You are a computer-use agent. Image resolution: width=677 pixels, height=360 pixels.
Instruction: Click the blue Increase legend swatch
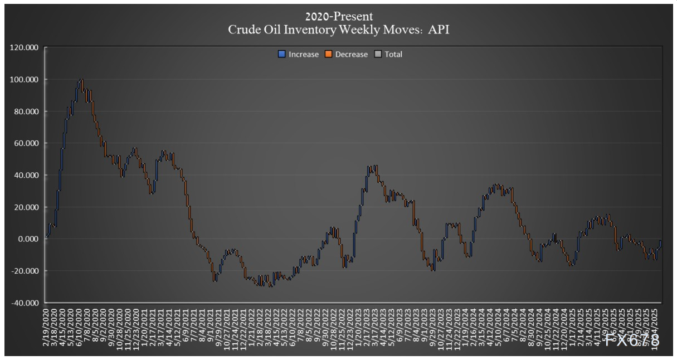[x=282, y=55]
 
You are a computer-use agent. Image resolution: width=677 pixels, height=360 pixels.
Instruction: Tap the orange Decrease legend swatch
[x=329, y=55]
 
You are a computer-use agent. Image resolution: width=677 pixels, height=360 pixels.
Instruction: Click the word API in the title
[x=439, y=30]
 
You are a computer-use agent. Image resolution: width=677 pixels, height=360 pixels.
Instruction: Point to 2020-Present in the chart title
[x=338, y=17]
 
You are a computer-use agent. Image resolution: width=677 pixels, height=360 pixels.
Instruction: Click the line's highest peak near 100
[x=81, y=80]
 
